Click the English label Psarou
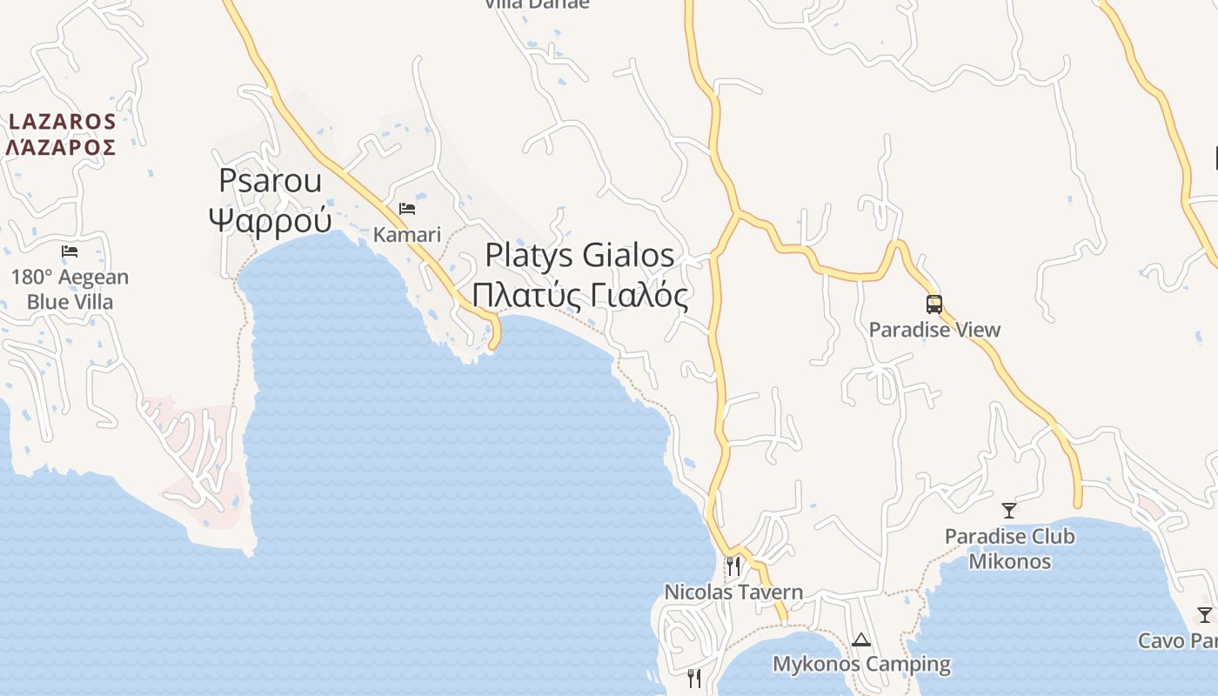point(270,180)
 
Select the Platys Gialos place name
point(579,255)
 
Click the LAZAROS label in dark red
point(62,121)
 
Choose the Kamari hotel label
point(407,234)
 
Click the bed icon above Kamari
point(406,209)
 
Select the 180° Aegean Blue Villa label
point(70,290)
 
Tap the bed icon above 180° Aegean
point(70,251)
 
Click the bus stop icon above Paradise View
point(934,304)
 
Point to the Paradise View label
point(934,330)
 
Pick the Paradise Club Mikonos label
point(1009,549)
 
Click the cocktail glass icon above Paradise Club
point(1009,511)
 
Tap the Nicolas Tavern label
point(733,592)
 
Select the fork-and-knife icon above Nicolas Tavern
point(733,566)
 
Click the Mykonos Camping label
point(861,665)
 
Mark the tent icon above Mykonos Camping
point(861,640)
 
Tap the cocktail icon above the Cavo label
point(1205,615)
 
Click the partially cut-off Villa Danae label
point(537,3)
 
